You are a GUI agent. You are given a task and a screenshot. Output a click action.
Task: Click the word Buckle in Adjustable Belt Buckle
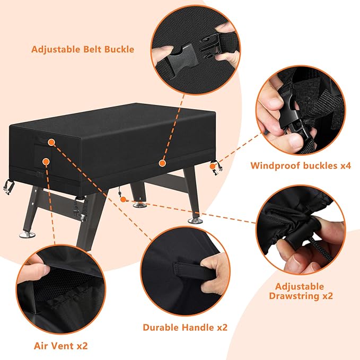pos(119,50)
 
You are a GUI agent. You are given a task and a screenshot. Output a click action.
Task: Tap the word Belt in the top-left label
pos(90,50)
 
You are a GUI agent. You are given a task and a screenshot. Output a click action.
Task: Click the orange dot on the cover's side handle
pos(51,143)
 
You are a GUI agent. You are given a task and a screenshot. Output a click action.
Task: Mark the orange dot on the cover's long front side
pos(162,160)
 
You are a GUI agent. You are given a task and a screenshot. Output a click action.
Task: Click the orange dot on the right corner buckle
pos(213,166)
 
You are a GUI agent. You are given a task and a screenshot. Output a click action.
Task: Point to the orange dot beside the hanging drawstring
pos(123,199)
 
